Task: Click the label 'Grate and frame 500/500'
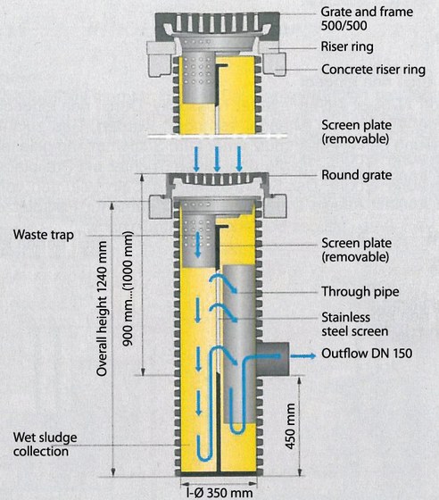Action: (367, 19)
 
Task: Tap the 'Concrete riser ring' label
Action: (373, 70)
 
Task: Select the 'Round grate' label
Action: (357, 175)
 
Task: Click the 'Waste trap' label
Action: (44, 235)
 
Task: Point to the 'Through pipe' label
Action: (360, 292)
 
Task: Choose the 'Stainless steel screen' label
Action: (354, 324)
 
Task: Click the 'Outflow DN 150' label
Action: (367, 354)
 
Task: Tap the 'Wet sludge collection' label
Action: (45, 445)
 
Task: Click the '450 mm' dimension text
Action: (290, 426)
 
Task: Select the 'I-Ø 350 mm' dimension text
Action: (219, 492)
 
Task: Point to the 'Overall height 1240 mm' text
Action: (102, 308)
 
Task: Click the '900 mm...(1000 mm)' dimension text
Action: (128, 289)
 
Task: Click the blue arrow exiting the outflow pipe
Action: (303, 355)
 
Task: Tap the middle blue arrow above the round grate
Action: (217, 159)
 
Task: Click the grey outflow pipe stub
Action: (273, 359)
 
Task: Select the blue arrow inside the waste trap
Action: (198, 245)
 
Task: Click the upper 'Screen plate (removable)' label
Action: (356, 132)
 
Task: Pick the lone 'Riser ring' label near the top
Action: (347, 46)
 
